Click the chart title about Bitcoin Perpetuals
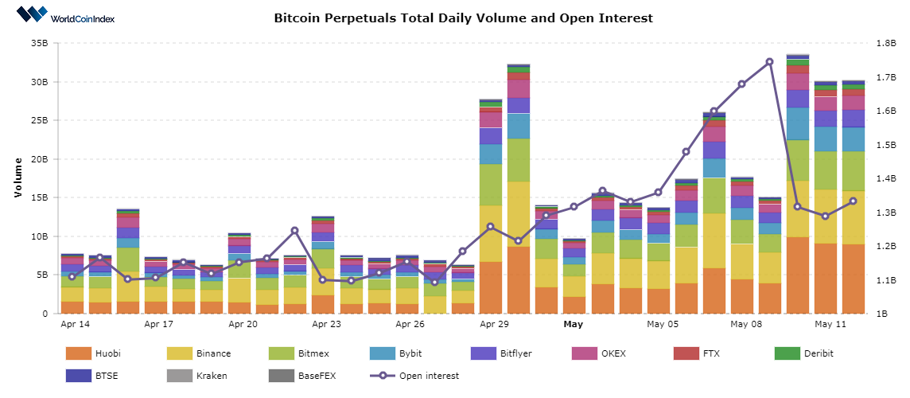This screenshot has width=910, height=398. tap(463, 18)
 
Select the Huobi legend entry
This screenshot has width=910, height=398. tap(95, 353)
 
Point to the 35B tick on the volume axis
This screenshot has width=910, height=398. tap(39, 43)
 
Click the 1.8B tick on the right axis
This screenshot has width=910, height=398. tap(885, 43)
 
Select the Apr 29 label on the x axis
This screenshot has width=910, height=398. tap(494, 325)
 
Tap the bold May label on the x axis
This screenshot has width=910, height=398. tap(574, 325)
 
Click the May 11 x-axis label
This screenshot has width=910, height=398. tap(830, 325)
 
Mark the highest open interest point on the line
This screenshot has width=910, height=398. tap(769, 61)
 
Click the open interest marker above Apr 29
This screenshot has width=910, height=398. tap(490, 227)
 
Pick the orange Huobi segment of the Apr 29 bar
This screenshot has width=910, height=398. tap(490, 287)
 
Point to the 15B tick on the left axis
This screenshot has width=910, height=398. tap(39, 197)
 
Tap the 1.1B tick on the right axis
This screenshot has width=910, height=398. tap(885, 280)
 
